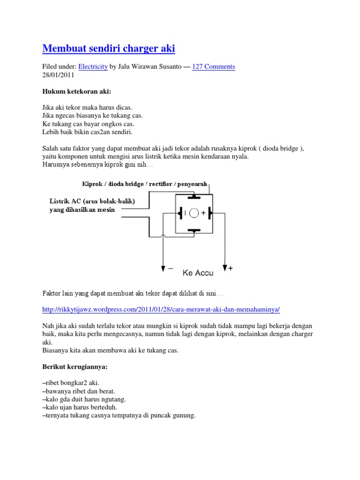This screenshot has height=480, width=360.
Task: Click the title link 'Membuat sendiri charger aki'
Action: pos(109,48)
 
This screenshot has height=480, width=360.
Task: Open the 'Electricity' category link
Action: pos(93,67)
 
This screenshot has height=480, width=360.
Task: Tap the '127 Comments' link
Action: pos(213,67)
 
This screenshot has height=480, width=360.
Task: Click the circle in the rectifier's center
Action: pos(194,213)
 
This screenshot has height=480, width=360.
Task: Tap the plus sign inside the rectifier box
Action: pos(203,213)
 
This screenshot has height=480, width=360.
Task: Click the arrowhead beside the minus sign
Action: pos(163,269)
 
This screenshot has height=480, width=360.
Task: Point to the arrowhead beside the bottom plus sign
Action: pos(225,268)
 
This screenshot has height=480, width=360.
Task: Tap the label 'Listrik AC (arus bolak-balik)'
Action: pos(92,202)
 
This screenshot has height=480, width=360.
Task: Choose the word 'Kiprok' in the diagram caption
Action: pos(91,183)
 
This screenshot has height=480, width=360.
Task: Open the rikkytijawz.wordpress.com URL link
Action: pos(161,310)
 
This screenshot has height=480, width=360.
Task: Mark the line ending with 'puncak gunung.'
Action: pos(119,415)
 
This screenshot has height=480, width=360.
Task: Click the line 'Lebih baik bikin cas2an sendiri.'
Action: pos(88,132)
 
